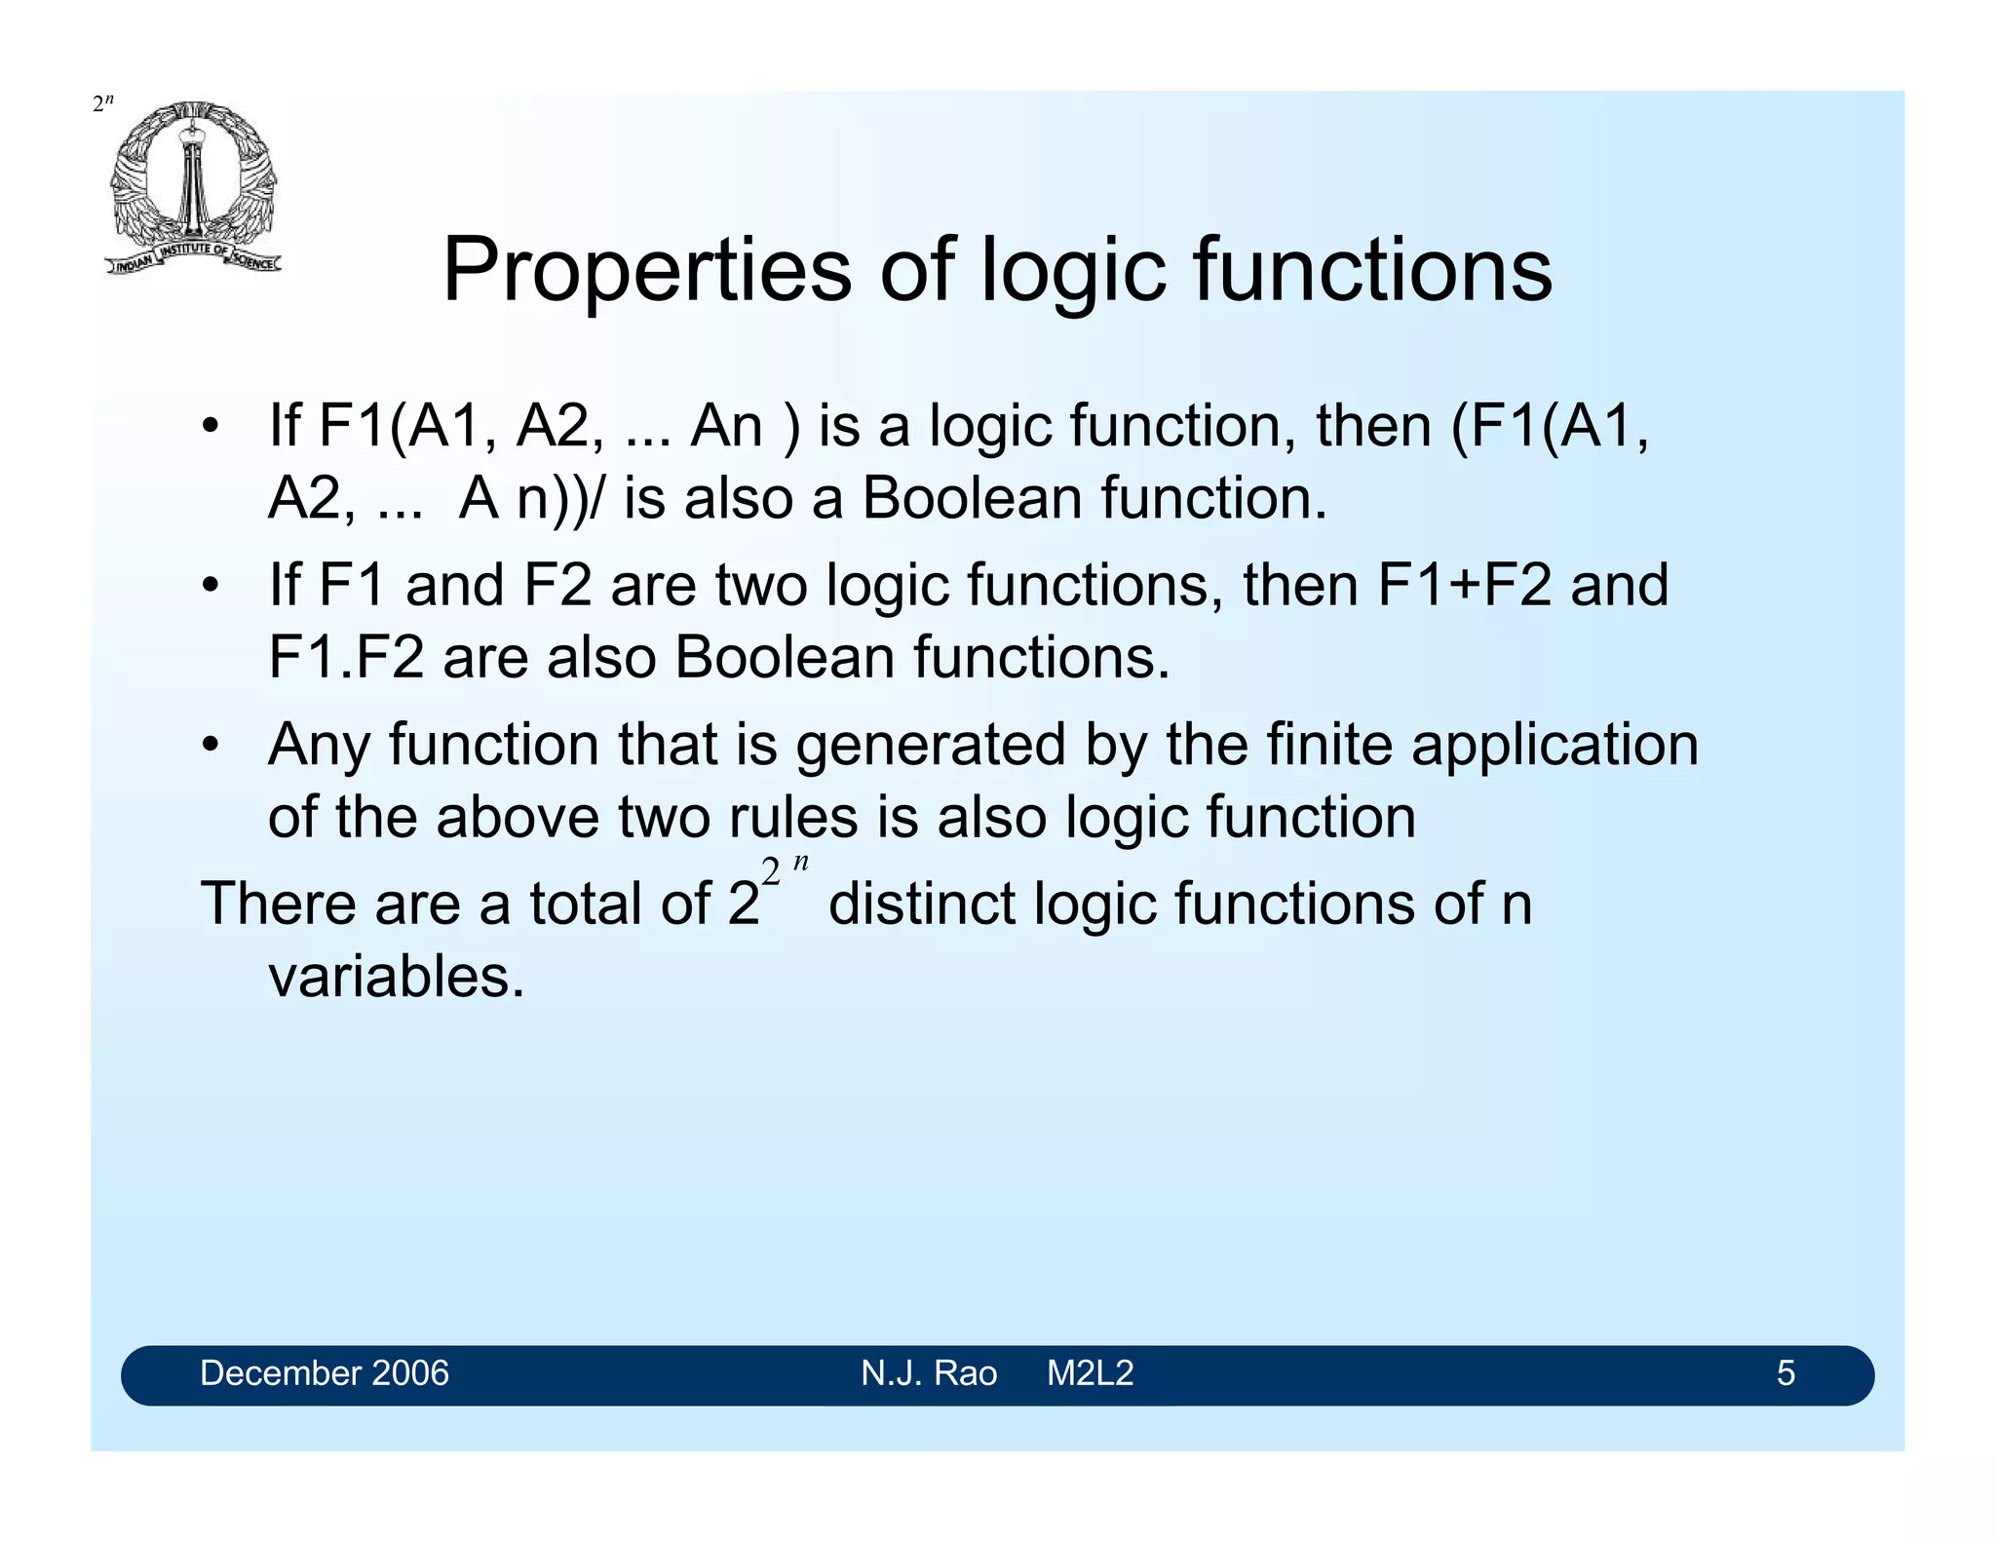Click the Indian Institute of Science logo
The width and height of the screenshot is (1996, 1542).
pos(193,187)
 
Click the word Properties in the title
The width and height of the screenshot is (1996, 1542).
pos(646,271)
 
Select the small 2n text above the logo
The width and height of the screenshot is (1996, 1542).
pos(103,103)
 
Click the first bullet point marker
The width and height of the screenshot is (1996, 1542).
pos(210,427)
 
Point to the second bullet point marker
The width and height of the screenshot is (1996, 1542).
pos(210,586)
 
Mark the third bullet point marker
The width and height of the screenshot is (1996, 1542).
pos(210,746)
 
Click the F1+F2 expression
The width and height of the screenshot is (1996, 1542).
pos(1464,585)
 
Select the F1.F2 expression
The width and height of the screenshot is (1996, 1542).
pos(346,657)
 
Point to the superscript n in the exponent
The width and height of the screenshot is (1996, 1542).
pos(800,864)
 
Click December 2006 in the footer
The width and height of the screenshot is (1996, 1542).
pos(324,1373)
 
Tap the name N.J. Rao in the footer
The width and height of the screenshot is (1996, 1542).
pos(928,1373)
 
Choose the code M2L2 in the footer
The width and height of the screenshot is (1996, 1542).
pos(1090,1373)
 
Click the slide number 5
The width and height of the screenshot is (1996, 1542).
pos(1785,1373)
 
